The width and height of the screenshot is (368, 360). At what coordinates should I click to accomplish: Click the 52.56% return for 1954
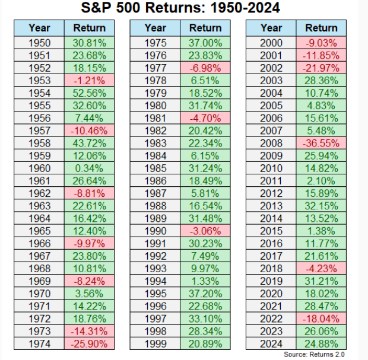tap(89, 93)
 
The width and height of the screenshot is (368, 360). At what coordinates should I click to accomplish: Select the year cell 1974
tap(39, 343)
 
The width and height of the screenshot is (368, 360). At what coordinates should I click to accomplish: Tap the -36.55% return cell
tap(321, 143)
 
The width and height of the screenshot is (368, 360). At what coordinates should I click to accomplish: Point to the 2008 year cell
tap(271, 143)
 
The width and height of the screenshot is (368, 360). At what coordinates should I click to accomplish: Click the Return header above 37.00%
tap(205, 28)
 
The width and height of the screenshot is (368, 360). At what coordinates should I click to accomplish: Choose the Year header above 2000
tap(271, 28)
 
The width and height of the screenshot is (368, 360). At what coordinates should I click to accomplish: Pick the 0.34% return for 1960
tap(89, 168)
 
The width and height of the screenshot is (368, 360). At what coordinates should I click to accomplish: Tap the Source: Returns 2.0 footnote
tap(314, 354)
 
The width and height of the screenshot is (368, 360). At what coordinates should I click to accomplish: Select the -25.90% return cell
tap(89, 343)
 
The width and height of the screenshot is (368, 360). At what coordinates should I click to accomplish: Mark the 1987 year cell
tap(156, 193)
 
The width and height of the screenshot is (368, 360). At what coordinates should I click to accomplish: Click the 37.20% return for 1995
tap(205, 294)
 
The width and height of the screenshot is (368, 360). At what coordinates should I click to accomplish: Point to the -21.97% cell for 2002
tap(321, 68)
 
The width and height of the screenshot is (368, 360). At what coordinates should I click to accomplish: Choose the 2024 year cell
tap(271, 343)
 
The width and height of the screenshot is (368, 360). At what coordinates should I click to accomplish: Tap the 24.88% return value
tap(321, 343)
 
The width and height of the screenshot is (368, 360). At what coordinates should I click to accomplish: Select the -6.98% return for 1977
tap(205, 68)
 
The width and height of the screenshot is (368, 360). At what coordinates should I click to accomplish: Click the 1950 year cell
tap(39, 43)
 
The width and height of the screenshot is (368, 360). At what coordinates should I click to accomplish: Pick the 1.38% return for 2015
tap(321, 231)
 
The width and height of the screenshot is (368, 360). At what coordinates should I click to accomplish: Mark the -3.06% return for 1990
tap(205, 231)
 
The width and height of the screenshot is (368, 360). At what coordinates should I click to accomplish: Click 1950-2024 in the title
tap(245, 8)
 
